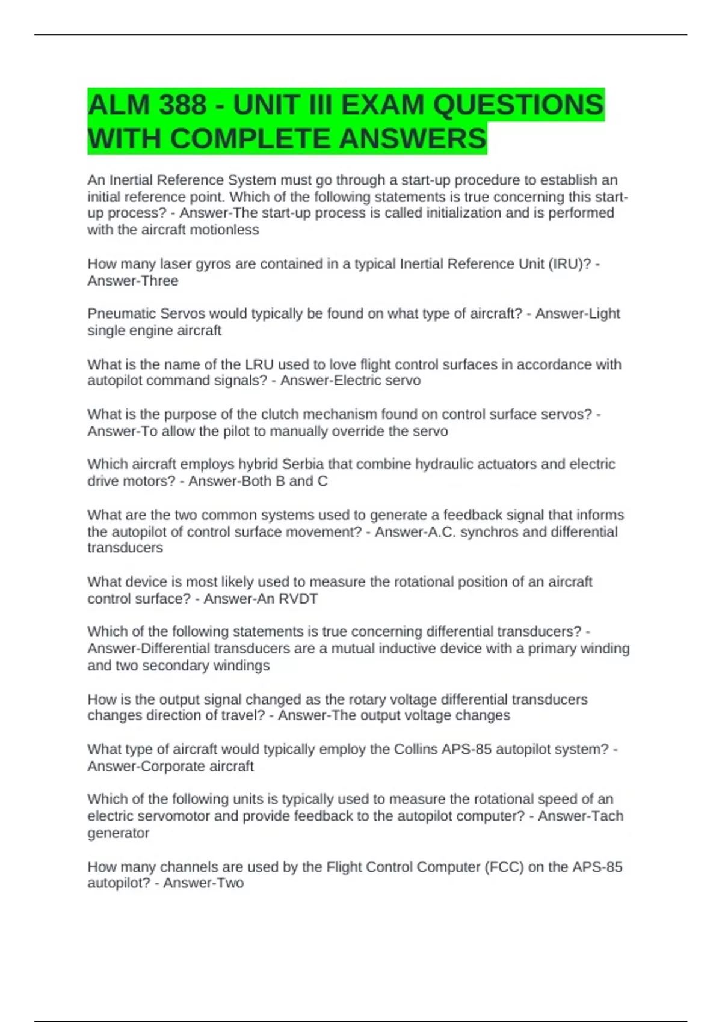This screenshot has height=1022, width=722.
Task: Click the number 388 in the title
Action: click(183, 105)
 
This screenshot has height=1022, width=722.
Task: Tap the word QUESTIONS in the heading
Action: click(517, 105)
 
